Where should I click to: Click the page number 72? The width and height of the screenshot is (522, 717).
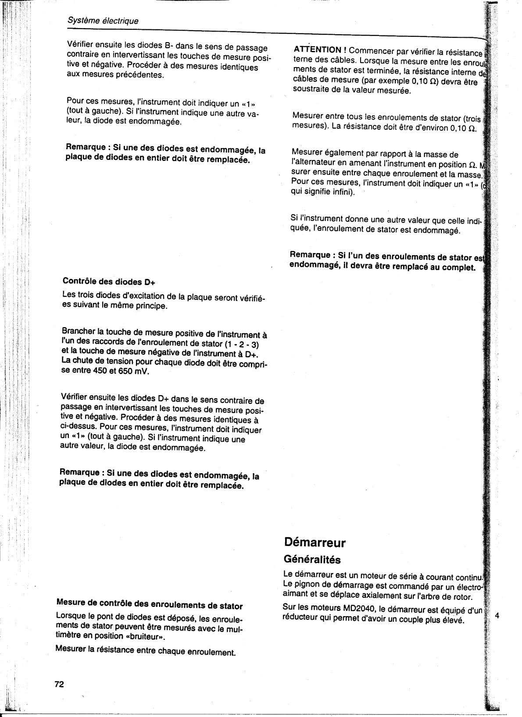point(59,685)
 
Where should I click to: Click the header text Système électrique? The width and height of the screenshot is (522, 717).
point(103,21)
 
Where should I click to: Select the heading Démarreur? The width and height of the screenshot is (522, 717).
point(315,542)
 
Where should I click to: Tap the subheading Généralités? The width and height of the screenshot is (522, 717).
point(312,560)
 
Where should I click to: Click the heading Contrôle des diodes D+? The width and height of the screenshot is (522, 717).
point(110,281)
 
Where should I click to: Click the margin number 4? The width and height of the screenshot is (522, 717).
point(497,616)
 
